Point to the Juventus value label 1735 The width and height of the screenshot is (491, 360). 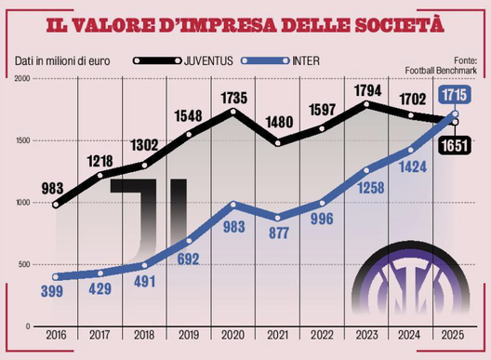pyautogui.click(x=233, y=96)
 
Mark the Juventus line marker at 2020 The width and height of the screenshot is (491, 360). pyautogui.click(x=233, y=113)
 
